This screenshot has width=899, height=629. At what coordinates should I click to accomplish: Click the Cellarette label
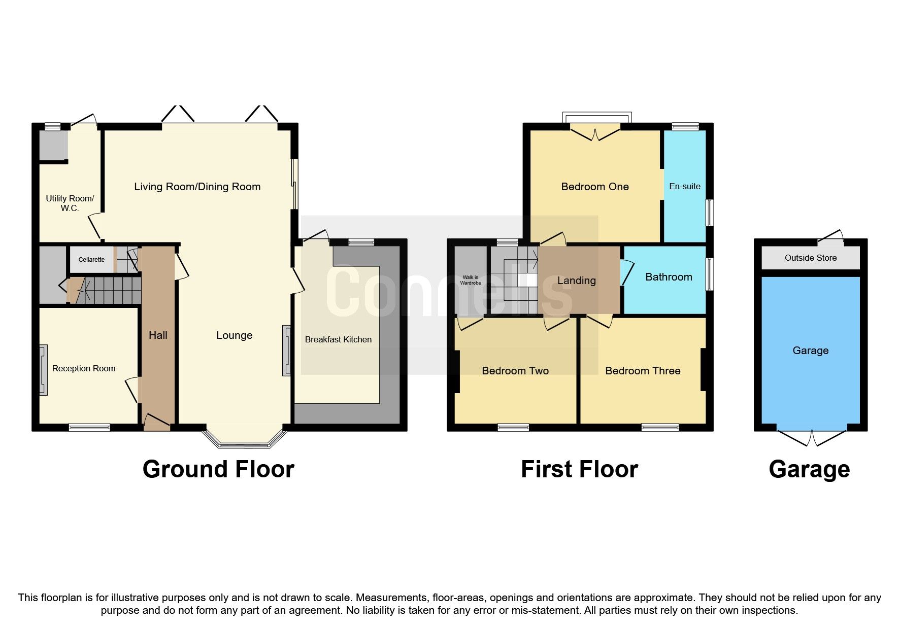[91, 260]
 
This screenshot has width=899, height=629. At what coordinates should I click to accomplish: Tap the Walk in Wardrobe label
[471, 280]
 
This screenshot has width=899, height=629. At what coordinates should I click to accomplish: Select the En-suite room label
[684, 186]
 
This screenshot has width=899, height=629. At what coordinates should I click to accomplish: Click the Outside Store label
[810, 258]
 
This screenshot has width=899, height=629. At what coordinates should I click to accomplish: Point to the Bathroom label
[669, 277]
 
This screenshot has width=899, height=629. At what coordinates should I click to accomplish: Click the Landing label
[576, 281]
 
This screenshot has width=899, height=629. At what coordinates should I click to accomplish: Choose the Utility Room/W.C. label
[70, 203]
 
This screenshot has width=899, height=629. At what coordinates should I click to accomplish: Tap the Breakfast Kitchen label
[338, 339]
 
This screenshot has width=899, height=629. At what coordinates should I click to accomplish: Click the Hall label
[158, 335]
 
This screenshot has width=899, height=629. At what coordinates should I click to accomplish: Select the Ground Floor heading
[218, 469]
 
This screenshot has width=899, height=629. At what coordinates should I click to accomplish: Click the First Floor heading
[579, 469]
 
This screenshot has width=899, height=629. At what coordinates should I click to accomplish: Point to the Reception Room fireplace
[44, 370]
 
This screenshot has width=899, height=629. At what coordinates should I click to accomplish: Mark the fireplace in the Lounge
[287, 351]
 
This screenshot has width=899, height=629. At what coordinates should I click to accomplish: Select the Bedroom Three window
[660, 427]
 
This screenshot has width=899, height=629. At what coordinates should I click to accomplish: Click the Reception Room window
[89, 427]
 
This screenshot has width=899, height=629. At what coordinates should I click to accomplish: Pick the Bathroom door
[626, 271]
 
